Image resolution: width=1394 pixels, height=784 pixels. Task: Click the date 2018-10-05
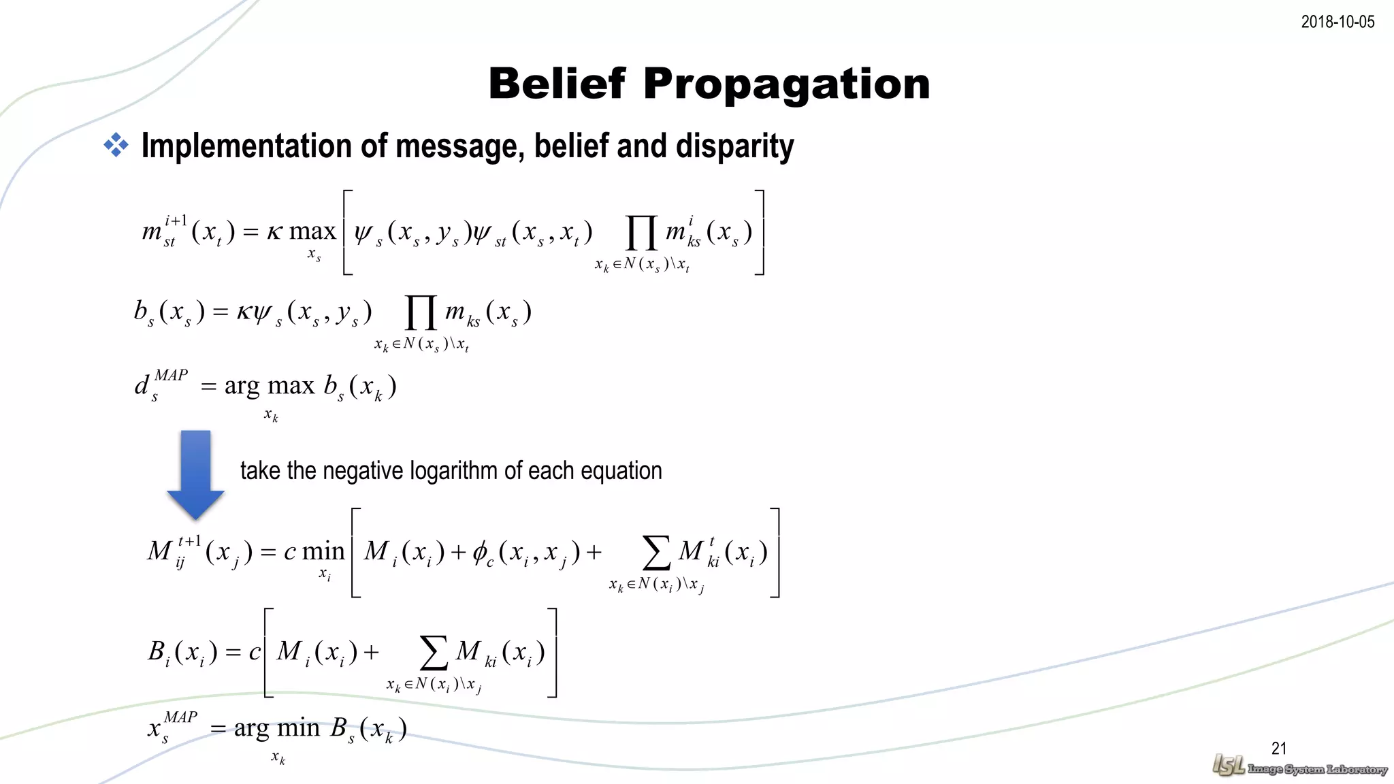pos(1338,22)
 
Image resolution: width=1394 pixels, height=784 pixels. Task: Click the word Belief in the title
pos(556,84)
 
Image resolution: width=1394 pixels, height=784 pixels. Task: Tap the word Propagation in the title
pos(786,85)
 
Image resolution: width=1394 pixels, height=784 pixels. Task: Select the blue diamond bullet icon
pos(116,145)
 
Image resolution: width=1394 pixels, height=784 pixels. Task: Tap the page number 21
pos(1279,749)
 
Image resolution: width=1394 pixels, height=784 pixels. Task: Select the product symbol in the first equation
pos(641,233)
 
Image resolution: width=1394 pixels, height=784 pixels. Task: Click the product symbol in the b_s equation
pos(421,312)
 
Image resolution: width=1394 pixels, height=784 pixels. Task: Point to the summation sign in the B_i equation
pos(434,653)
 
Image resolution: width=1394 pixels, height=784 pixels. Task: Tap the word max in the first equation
pos(312,232)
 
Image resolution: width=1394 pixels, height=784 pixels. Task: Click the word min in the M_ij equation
pos(323,551)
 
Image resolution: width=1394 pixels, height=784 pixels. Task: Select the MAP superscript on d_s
pos(171,375)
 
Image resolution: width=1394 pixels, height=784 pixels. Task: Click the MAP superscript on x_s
pos(180,717)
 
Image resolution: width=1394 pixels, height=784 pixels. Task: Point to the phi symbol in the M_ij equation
pos(480,552)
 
